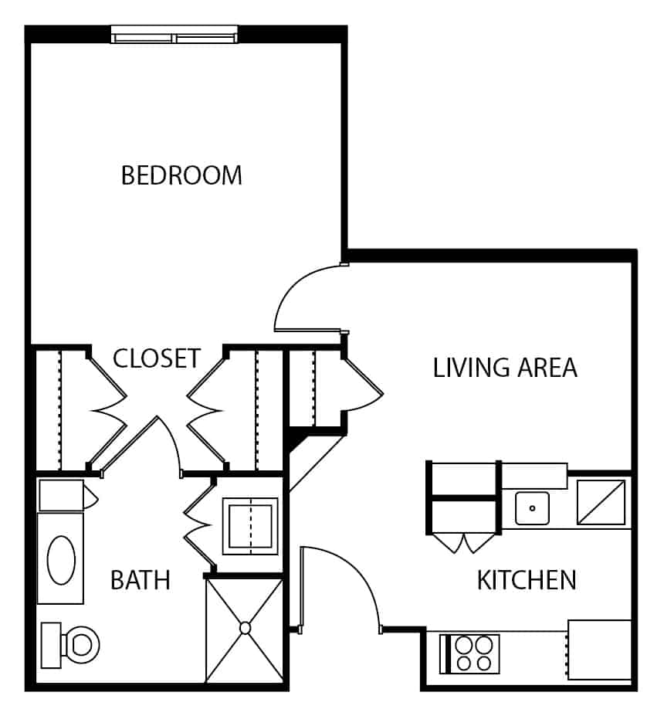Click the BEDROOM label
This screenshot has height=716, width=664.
coord(181,175)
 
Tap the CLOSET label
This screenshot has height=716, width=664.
coord(157,358)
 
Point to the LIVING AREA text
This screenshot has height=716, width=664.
coord(505,368)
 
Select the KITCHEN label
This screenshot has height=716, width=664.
coord(527,580)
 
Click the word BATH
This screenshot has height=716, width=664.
coord(141,580)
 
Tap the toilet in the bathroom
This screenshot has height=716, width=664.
coord(70,645)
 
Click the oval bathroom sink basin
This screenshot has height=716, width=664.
coord(61,560)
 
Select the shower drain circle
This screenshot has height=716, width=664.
coord(245,628)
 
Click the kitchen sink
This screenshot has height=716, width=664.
coord(532,508)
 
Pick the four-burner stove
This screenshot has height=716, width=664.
coord(469,654)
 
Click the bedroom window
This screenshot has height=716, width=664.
coord(174,35)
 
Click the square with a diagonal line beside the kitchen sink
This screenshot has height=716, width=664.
coord(601,502)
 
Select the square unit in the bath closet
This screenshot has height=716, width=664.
coord(250,526)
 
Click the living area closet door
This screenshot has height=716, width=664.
coord(364,386)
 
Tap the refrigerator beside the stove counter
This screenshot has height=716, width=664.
coord(599,650)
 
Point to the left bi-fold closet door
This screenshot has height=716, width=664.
coord(107,411)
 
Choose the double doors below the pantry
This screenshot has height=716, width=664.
coord(464,543)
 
